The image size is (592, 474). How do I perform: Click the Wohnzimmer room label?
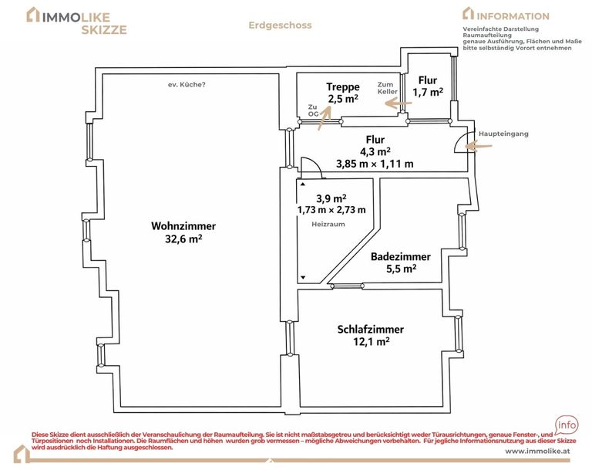[183, 226]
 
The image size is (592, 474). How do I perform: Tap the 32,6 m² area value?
[183, 239]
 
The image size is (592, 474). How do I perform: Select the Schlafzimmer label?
[370, 329]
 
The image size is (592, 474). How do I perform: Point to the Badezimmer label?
[401, 256]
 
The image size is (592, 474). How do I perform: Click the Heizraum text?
[328, 224]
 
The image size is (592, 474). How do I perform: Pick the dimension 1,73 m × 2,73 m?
[331, 210]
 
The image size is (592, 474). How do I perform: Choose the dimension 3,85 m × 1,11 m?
[375, 164]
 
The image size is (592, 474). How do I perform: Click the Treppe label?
[343, 87]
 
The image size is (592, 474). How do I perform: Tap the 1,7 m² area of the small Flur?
[428, 92]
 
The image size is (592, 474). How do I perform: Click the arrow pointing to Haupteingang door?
[479, 146]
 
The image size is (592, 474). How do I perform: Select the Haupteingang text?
[503, 134]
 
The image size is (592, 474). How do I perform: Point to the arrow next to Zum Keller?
[398, 103]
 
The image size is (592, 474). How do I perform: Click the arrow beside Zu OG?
[325, 117]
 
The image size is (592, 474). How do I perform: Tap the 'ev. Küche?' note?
[187, 85]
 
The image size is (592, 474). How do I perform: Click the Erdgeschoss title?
[280, 25]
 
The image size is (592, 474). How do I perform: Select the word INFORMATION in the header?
[513, 16]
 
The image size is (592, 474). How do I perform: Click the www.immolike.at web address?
[537, 451]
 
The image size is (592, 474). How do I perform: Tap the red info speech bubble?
[567, 425]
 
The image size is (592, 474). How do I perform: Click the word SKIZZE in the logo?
[104, 30]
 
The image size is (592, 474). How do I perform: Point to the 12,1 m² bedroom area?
[371, 342]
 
